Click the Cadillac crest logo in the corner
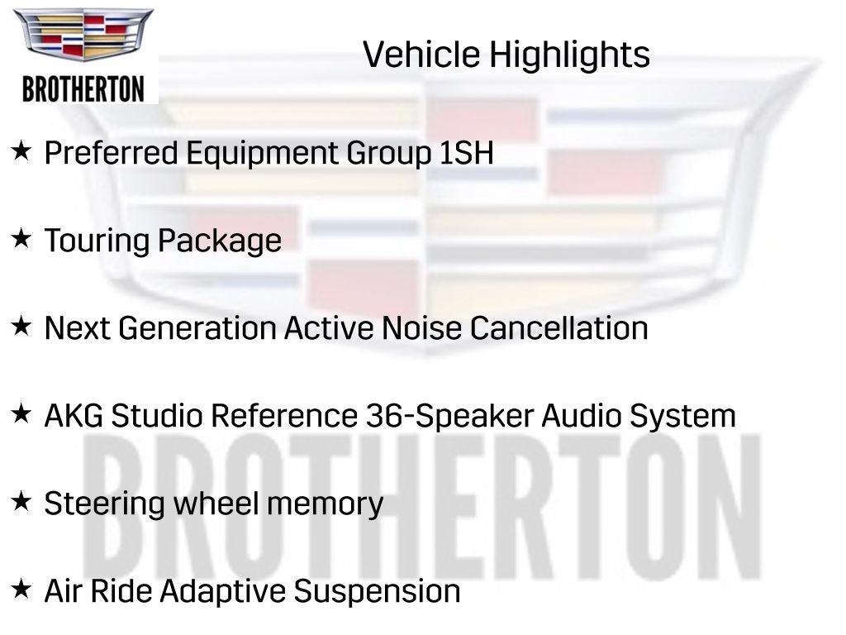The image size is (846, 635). pos(83,35)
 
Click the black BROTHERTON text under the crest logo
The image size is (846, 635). pos(83,88)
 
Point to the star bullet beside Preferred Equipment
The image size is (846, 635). pos(21,151)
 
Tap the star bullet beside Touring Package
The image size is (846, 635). pos(21,239)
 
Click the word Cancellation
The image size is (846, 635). pos(558,328)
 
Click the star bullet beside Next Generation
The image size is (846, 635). pos(21,327)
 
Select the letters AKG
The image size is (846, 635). pos(74,416)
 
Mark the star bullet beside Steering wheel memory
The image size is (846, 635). pos(21,501)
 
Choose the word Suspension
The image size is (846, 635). pos(378,592)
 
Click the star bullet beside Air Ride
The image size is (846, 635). pos(21,590)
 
